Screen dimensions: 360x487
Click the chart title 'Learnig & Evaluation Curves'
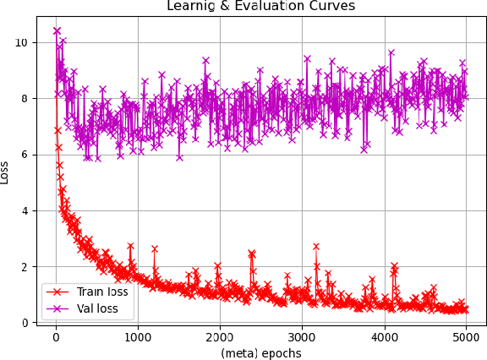pyautogui.click(x=260, y=6)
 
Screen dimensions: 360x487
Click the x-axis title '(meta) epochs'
pyautogui.click(x=260, y=352)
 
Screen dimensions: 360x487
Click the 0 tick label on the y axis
pyautogui.click(x=27, y=323)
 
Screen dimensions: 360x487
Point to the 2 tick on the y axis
pyautogui.click(x=27, y=267)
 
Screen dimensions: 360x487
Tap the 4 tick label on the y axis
pyautogui.click(x=27, y=210)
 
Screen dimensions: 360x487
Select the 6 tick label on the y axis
pyautogui.click(x=27, y=155)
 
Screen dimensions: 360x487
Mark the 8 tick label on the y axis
pyautogui.click(x=27, y=99)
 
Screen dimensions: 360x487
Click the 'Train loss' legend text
pyautogui.click(x=102, y=292)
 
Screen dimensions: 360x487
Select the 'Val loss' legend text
pyautogui.click(x=96, y=308)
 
